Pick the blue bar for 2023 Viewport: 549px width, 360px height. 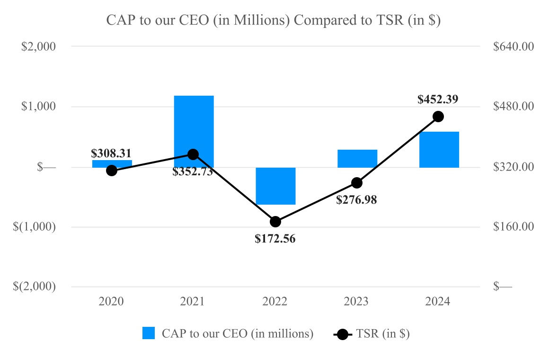tap(357, 159)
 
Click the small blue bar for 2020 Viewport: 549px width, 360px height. tap(112, 163)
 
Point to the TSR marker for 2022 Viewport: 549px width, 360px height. tap(275, 222)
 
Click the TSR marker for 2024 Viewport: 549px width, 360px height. tap(438, 117)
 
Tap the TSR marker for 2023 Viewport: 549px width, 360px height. tap(357, 183)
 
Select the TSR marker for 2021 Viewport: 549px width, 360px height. tap(193, 154)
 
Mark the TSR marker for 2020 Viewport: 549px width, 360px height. tap(112, 171)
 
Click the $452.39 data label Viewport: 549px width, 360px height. tap(438, 100)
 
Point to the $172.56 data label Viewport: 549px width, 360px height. tap(275, 239)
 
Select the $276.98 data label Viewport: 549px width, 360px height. tap(356, 200)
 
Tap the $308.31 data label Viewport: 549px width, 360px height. tap(111, 153)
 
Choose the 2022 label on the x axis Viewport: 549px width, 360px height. tap(275, 302)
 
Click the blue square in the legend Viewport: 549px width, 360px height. tap(149, 333)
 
